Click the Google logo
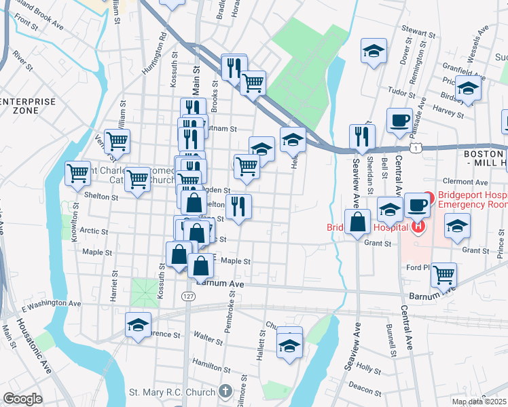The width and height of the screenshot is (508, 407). click(x=22, y=399)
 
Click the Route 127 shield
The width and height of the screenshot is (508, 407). click(x=189, y=296)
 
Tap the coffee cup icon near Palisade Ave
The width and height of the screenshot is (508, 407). click(x=400, y=120)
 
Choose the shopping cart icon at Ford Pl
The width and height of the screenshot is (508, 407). click(x=444, y=274)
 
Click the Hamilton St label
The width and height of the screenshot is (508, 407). click(x=208, y=364)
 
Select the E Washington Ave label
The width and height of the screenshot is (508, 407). click(x=52, y=304)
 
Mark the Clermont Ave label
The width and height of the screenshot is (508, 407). click(x=465, y=182)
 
